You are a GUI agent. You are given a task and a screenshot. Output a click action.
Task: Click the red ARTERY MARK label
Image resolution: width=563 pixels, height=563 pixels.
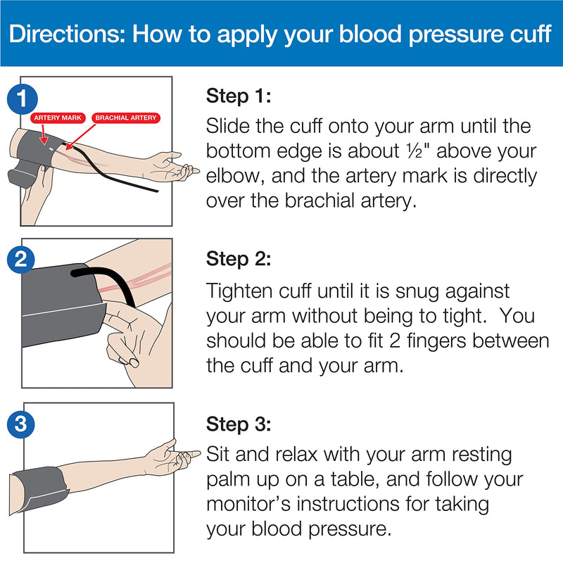click(x=57, y=118)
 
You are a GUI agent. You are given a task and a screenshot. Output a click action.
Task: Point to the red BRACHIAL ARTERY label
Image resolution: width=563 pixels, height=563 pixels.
click(x=126, y=118)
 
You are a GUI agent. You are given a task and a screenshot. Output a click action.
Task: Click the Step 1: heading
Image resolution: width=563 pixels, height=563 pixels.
click(x=238, y=96)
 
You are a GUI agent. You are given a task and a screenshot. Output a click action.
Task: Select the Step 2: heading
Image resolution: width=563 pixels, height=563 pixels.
click(x=238, y=259)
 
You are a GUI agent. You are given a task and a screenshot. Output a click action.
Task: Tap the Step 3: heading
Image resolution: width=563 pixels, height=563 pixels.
click(x=238, y=424)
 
